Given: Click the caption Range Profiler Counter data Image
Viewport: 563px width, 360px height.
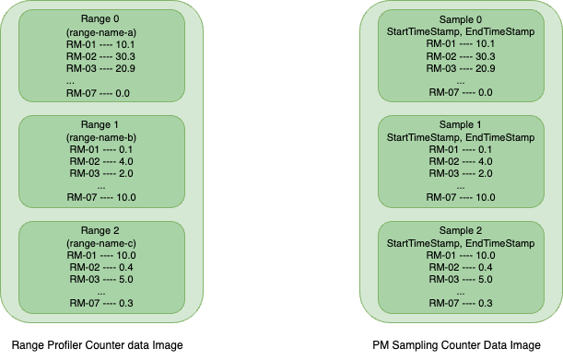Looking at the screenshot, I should point(96,345).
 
